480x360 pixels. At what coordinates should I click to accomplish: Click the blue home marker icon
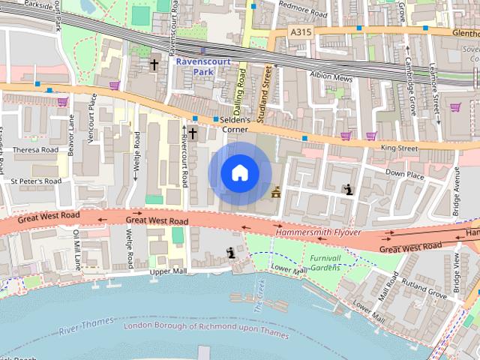(x=239, y=172)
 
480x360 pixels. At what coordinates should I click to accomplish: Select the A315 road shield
(x=300, y=32)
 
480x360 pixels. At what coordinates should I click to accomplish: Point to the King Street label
(x=399, y=148)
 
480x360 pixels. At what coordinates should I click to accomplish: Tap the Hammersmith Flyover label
(x=318, y=232)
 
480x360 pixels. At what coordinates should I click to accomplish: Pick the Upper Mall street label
(x=166, y=271)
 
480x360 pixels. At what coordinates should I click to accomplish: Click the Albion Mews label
(x=331, y=77)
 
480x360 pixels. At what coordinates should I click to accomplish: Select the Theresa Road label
(x=35, y=149)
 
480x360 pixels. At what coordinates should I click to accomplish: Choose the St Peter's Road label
(x=35, y=181)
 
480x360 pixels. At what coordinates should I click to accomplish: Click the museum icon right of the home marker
(x=277, y=192)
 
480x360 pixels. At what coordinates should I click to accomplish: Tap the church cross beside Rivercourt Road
(x=193, y=133)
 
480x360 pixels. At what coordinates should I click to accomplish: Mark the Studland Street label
(x=264, y=94)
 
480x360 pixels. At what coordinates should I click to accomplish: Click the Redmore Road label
(x=302, y=14)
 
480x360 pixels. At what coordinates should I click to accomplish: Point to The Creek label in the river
(x=259, y=295)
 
